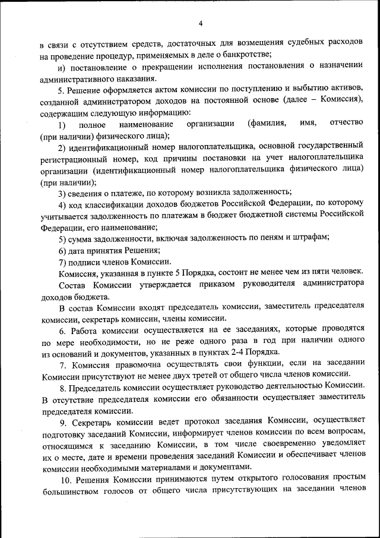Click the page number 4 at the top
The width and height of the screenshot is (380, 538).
click(x=201, y=23)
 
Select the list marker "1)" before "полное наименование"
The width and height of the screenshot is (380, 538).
click(x=62, y=124)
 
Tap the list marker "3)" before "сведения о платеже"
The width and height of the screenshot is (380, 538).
click(x=62, y=191)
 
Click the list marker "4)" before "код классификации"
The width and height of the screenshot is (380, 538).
click(x=62, y=203)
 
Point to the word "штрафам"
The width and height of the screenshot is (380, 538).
click(x=309, y=238)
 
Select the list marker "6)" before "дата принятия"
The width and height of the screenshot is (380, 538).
click(x=62, y=250)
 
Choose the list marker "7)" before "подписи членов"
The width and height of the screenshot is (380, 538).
click(x=62, y=262)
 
